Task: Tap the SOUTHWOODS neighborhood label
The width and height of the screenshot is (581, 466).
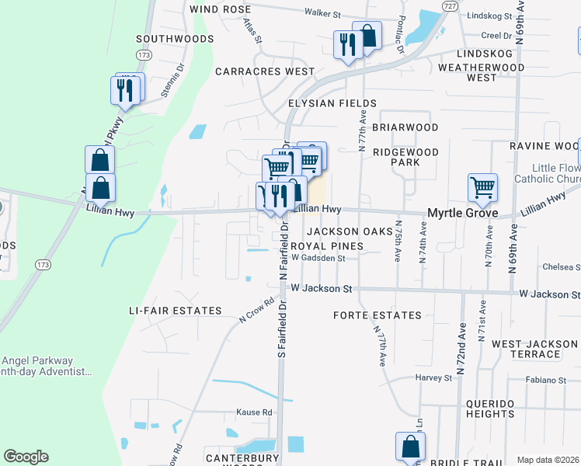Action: pos(175,38)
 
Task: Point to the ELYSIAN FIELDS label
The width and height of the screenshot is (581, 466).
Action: pos(332,103)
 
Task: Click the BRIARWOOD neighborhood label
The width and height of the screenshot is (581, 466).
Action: pos(405,127)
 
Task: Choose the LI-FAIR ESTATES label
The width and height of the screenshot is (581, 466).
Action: pos(176,311)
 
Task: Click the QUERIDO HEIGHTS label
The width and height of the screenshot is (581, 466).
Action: pos(501,409)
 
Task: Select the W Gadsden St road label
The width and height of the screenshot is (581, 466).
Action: pos(318,258)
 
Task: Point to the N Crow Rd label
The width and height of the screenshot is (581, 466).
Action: pos(257,311)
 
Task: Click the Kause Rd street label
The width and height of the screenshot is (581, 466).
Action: pos(256,412)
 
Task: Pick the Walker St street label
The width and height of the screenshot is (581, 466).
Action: pos(323,13)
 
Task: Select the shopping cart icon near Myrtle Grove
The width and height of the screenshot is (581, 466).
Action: pos(482,187)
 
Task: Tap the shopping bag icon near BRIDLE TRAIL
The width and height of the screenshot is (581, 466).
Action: pos(410,447)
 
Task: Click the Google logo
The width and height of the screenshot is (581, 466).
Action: pos(26,457)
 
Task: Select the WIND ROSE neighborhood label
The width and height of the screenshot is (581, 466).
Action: pos(216,9)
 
